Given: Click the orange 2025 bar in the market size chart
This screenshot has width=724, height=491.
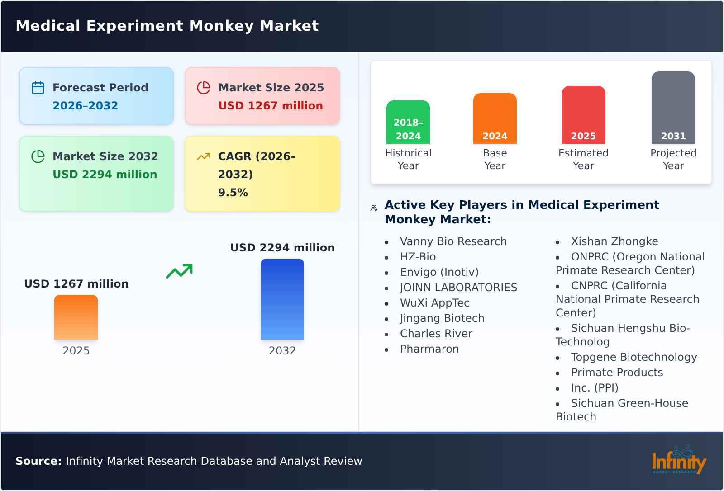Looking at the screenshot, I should tap(76, 317).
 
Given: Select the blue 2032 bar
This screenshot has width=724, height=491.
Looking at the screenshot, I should tap(282, 299).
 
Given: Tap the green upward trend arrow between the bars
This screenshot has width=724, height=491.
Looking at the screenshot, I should tap(179, 271).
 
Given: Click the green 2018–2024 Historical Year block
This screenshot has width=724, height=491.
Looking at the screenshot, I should tap(408, 122).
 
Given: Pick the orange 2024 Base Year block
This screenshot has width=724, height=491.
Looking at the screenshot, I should tap(495, 118).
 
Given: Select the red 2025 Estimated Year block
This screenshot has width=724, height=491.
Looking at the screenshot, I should tap(583, 115).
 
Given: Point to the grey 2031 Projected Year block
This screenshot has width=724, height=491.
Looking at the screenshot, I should tap(673, 108).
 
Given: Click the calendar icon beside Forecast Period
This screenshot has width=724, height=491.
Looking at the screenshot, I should tap(38, 88).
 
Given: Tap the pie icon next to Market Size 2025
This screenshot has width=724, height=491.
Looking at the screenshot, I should tap(204, 88).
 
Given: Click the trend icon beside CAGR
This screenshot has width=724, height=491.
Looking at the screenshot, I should tap(204, 156).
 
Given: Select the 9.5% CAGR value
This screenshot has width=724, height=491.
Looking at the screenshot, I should tap(233, 193).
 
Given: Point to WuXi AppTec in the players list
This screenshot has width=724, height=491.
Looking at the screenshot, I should tap(434, 303).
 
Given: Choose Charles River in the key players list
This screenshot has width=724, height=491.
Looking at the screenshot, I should tap(436, 334).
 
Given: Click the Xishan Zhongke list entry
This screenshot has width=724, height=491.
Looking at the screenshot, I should tap(614, 241).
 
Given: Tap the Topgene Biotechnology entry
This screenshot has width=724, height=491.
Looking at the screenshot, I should tap(633, 357).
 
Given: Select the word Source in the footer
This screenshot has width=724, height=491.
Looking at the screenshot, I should tap(38, 461).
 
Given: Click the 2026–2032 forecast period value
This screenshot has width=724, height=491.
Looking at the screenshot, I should tap(85, 106).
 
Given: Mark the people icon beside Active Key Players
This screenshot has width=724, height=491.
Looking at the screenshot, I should tap(374, 208).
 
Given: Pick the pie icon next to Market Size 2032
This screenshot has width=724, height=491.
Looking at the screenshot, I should tap(38, 156).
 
